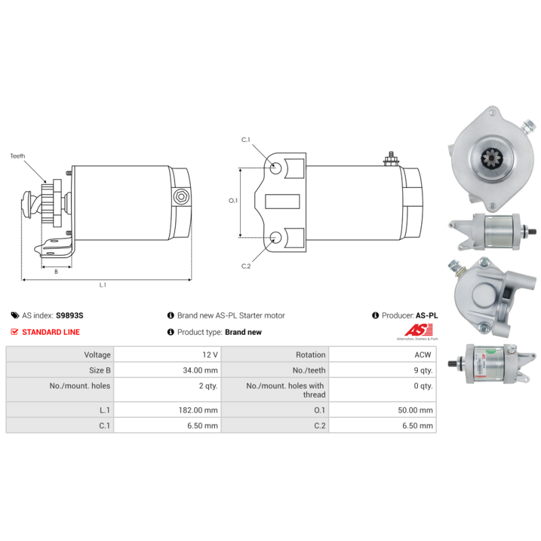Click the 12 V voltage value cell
pos(210,354)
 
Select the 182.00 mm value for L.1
pos(202,410)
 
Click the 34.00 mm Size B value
pos(202,370)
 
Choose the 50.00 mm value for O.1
pos(417,410)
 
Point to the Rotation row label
pos(310,354)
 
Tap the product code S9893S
pos(70,315)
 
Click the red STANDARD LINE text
pos(51,332)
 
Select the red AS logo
pos(413,330)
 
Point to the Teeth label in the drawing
pos(18,156)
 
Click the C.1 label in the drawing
pos(246,140)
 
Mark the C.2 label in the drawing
pos(246,266)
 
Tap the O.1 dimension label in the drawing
pos(233,201)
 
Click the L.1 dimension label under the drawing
pos(103,285)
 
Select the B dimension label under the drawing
pos(55,271)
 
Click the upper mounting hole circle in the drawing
pos(277,167)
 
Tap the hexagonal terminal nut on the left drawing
pos(181,196)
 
